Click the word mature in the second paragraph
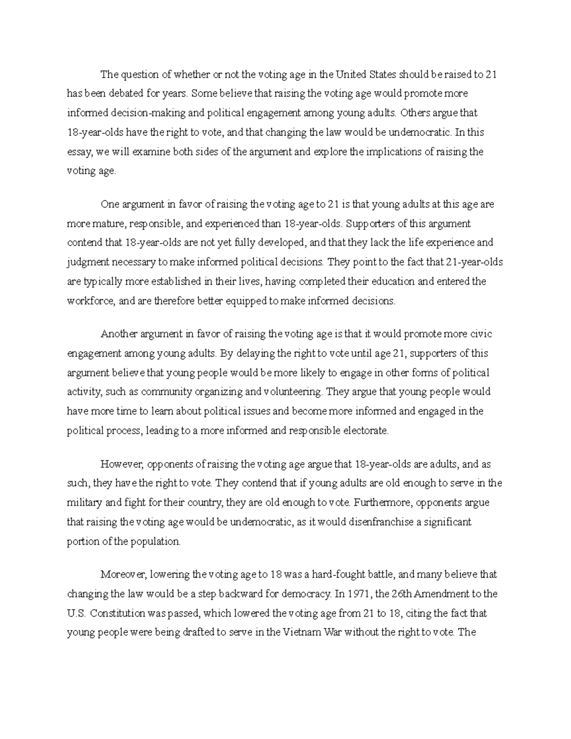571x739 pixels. click(x=107, y=224)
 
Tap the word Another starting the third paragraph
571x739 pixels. click(x=119, y=334)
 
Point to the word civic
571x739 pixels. click(x=482, y=334)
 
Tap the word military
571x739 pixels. click(x=83, y=503)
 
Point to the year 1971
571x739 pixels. click(x=358, y=594)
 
